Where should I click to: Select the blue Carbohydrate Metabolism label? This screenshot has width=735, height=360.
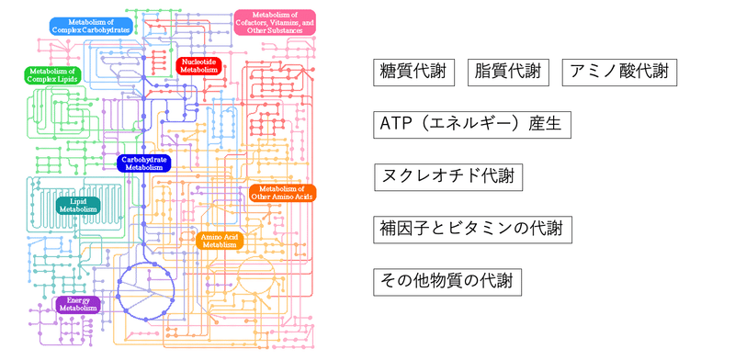tap(144, 163)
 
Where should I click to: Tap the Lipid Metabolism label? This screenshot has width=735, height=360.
tap(78, 204)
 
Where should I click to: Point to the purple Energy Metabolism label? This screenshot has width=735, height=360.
tap(78, 304)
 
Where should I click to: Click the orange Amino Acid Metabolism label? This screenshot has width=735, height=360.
tap(220, 241)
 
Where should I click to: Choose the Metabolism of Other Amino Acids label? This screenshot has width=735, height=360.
tap(282, 193)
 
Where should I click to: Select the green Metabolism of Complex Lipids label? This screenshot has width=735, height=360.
tap(51, 74)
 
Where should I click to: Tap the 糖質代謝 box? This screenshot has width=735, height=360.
tap(414, 73)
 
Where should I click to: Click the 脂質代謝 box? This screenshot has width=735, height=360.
tap(508, 73)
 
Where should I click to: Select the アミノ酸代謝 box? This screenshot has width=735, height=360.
tap(620, 73)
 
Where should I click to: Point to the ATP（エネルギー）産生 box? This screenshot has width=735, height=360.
tap(469, 124)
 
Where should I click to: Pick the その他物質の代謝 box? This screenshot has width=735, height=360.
tap(448, 281)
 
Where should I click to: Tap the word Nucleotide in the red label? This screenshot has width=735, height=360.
tap(199, 60)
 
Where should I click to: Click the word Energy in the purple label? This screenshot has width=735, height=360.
tap(78, 299)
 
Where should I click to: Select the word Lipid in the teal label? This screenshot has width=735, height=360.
tap(78, 199)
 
